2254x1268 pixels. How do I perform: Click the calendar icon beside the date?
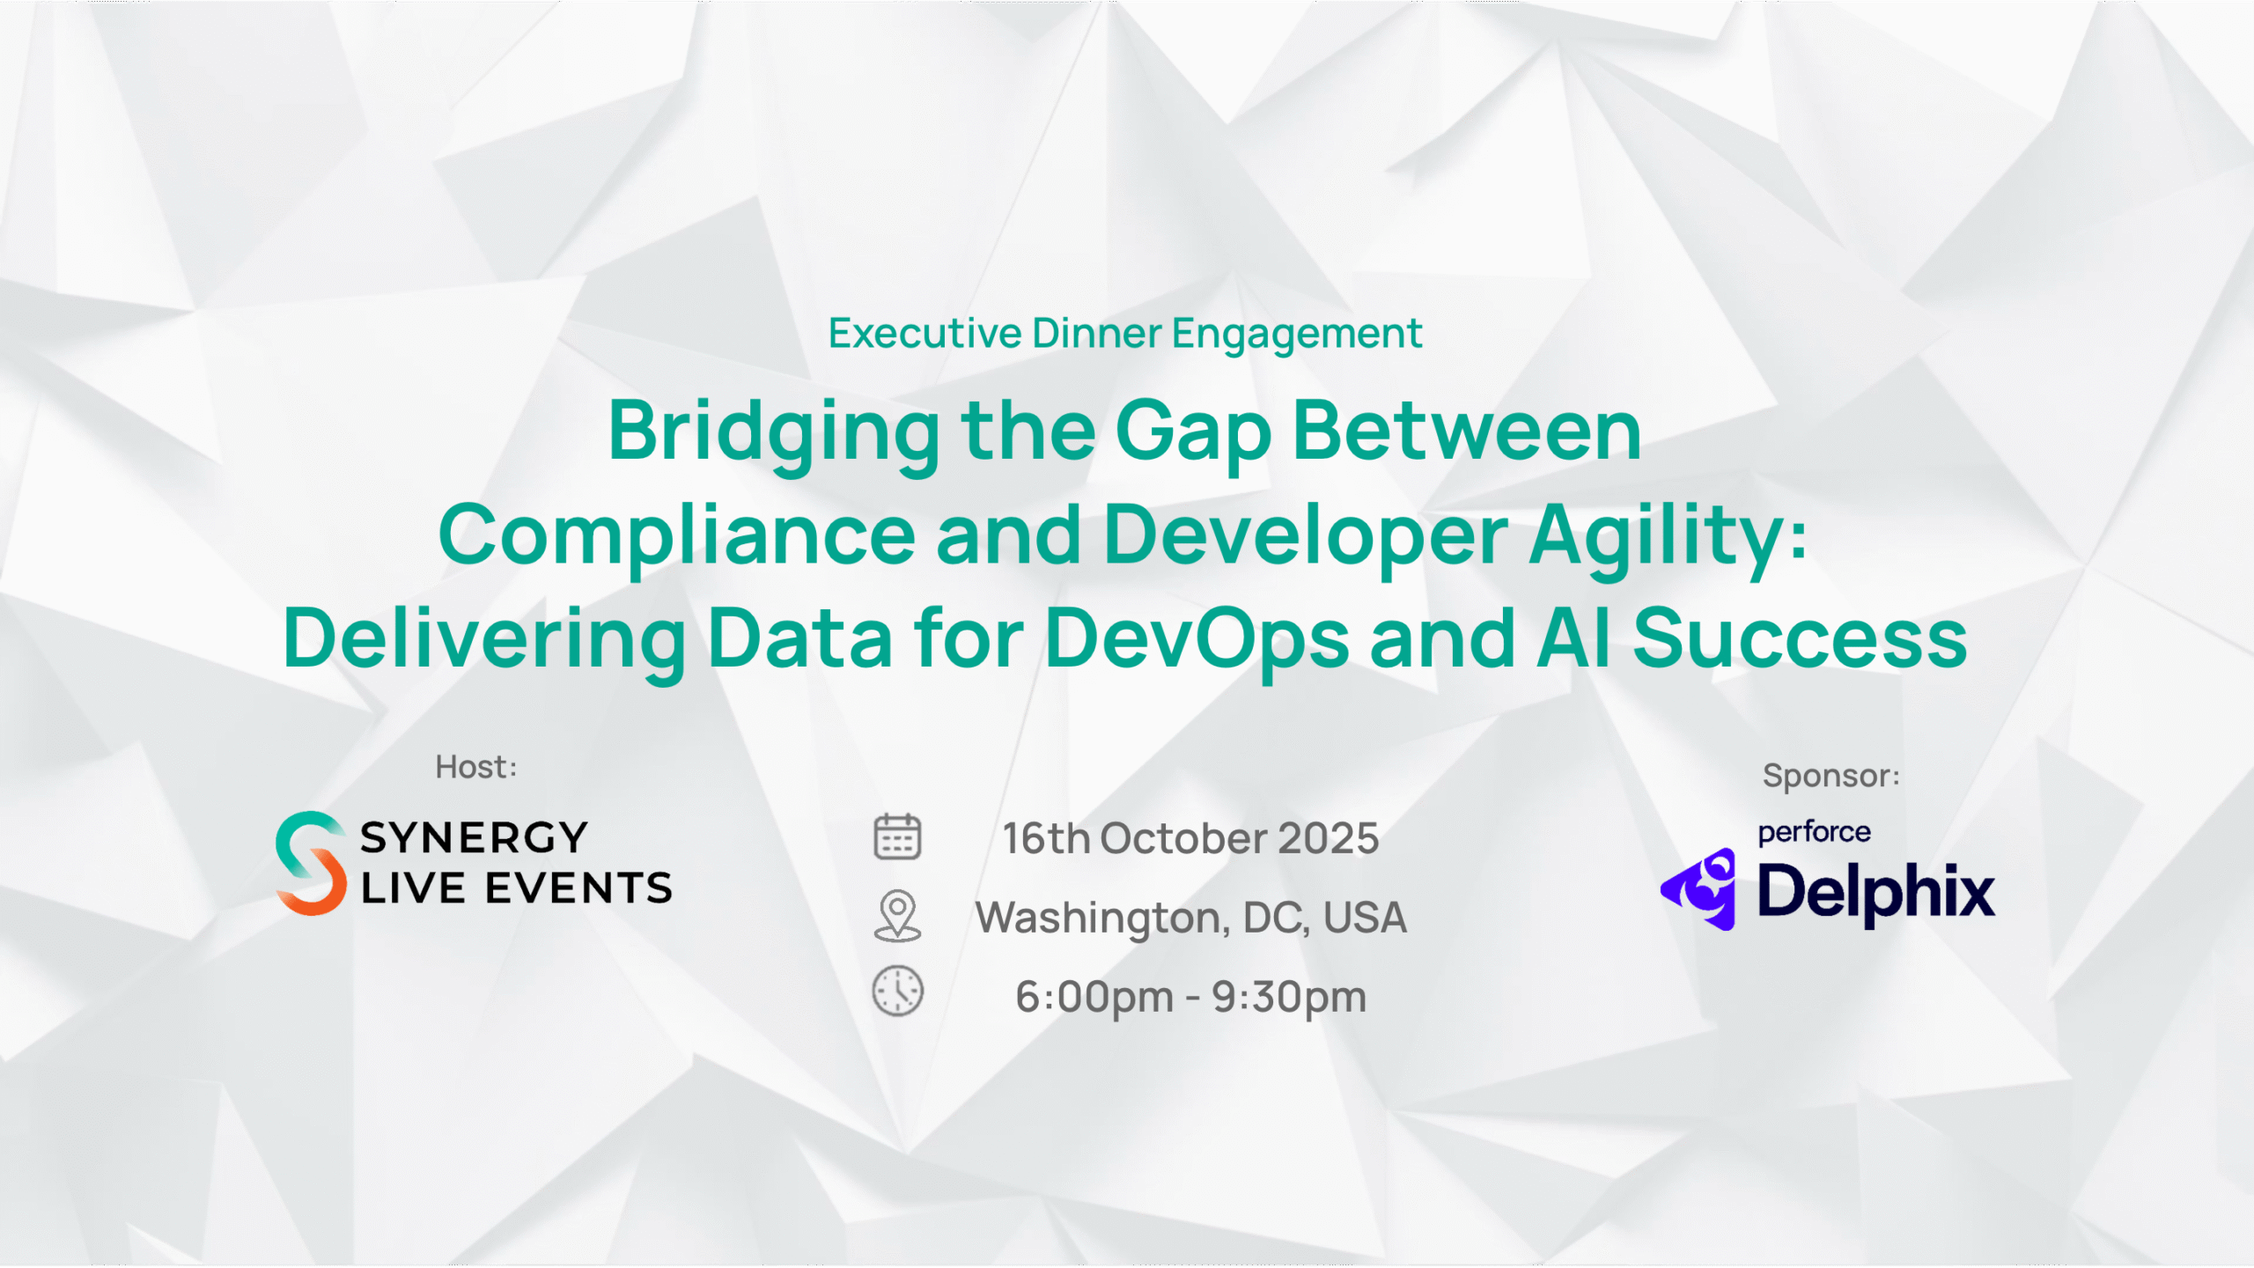(x=897, y=837)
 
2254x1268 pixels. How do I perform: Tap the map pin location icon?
(x=897, y=916)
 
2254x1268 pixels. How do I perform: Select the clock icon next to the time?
(x=897, y=992)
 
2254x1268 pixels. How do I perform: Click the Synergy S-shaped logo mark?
(x=311, y=864)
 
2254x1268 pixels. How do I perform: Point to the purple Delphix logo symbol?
(x=1698, y=889)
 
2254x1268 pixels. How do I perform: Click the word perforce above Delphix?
(x=1814, y=832)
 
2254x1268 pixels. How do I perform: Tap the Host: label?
(x=476, y=767)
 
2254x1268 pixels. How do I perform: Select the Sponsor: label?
(x=1831, y=776)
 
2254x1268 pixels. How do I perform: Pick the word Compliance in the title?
(x=677, y=535)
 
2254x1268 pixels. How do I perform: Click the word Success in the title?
(x=1801, y=638)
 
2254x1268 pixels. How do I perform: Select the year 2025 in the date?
(x=1328, y=838)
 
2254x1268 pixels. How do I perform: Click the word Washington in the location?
(x=1099, y=919)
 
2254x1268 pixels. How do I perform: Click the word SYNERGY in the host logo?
(x=474, y=838)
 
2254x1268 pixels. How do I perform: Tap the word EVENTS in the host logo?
(x=578, y=888)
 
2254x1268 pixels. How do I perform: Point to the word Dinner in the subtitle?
(x=1097, y=334)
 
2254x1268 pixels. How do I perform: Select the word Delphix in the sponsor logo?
(x=1876, y=892)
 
